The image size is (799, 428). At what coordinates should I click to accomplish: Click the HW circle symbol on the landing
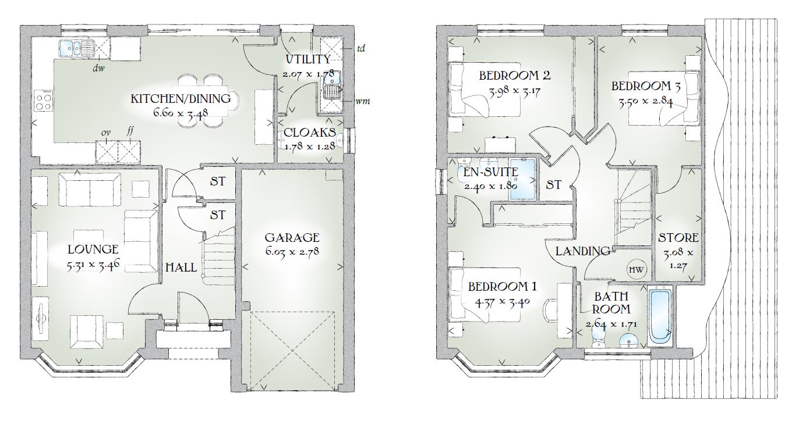(x=637, y=270)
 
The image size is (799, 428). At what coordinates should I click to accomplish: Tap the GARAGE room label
(x=292, y=237)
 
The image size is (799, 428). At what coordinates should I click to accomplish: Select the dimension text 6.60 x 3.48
(x=181, y=113)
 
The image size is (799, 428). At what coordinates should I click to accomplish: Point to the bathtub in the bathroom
(x=660, y=316)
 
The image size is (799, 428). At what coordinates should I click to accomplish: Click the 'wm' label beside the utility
(x=362, y=102)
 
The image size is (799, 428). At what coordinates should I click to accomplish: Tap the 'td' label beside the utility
(x=361, y=48)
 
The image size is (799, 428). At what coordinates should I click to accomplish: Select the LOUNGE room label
(x=93, y=249)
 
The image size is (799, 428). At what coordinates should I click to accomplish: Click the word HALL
(x=181, y=267)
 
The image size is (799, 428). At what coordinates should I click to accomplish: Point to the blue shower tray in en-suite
(x=522, y=180)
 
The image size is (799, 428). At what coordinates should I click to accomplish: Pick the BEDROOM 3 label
(x=646, y=86)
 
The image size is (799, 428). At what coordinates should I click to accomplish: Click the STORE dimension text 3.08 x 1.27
(x=678, y=259)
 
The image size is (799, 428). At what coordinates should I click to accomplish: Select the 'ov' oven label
(x=106, y=133)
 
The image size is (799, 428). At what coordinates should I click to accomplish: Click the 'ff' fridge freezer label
(x=130, y=131)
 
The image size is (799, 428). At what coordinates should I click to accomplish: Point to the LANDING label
(x=583, y=251)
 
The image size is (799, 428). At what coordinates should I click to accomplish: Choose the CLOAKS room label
(x=310, y=133)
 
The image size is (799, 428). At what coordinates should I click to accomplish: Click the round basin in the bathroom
(x=628, y=341)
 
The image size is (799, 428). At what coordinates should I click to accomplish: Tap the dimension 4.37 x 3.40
(x=502, y=302)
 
